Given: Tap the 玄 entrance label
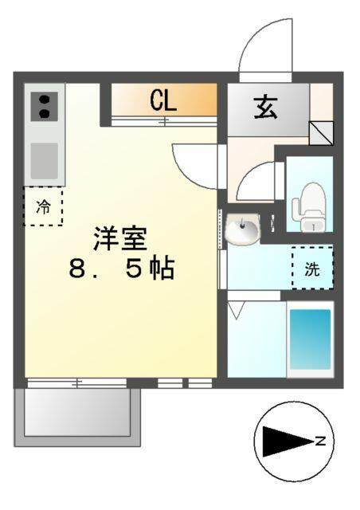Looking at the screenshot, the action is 266,108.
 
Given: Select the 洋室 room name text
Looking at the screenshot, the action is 120,238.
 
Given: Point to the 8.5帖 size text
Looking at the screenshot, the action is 122,269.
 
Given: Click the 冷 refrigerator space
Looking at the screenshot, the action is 43,206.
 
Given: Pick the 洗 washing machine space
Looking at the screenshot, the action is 312,268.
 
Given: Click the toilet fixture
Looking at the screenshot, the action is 309,207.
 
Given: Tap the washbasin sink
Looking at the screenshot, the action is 243,229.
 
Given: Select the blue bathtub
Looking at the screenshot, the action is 310,339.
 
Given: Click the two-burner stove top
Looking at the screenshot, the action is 45,106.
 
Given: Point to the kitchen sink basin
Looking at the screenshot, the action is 45,161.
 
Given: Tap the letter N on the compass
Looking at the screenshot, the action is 320,441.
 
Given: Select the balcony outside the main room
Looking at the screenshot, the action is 77,417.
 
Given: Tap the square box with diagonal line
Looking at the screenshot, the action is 321,133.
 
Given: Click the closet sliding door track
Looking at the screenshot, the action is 164,121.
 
